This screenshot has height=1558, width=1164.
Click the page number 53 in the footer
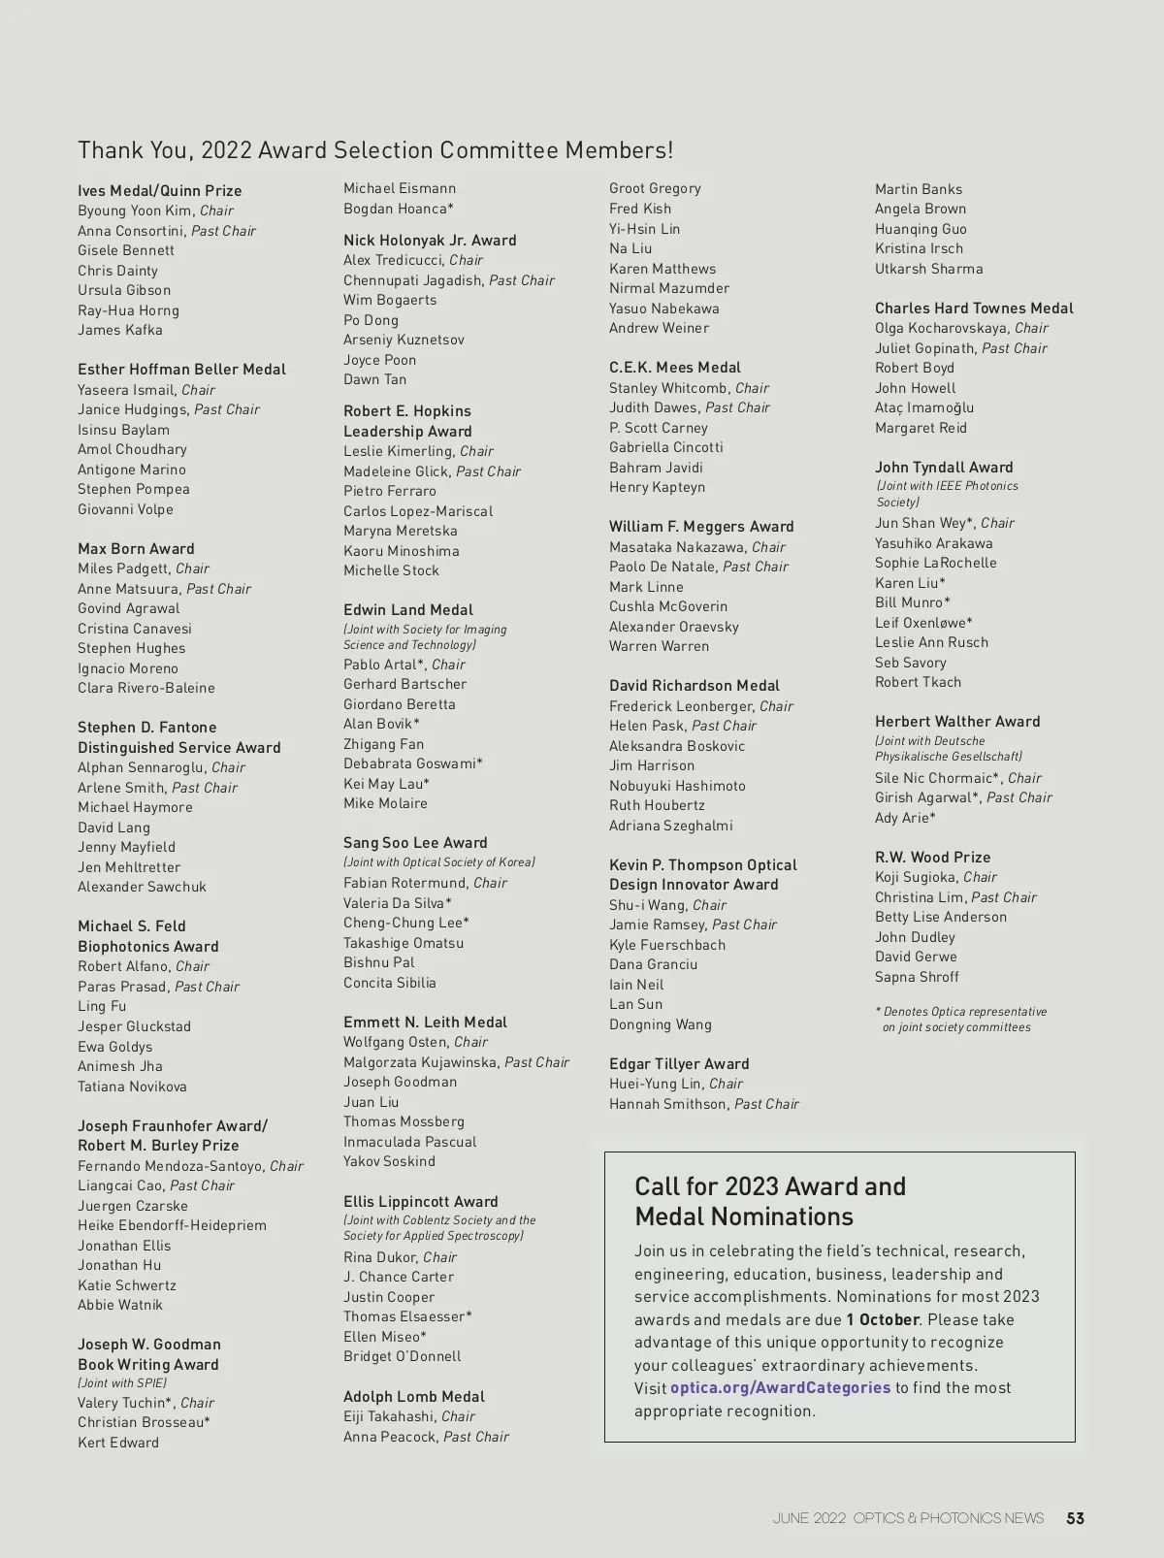pyautogui.click(x=1075, y=1518)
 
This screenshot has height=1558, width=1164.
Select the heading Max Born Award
pyautogui.click(x=136, y=549)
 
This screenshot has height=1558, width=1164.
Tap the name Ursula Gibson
pyautogui.click(x=124, y=290)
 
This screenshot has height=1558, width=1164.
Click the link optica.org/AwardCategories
pyautogui.click(x=780, y=1387)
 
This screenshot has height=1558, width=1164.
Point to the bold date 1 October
pyautogui.click(x=882, y=1319)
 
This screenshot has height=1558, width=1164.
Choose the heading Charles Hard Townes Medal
pyautogui.click(x=974, y=308)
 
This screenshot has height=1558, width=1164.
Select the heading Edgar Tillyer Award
pyautogui.click(x=679, y=1064)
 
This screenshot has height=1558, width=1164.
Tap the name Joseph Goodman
pyautogui.click(x=400, y=1082)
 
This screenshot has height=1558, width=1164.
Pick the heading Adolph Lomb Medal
pyautogui.click(x=414, y=1397)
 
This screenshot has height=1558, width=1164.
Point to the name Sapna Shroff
pyautogui.click(x=917, y=977)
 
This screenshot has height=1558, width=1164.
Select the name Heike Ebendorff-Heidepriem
pyautogui.click(x=172, y=1225)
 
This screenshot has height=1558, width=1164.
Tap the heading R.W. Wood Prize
pyautogui.click(x=932, y=858)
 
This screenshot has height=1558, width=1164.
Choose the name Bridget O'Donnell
pyautogui.click(x=402, y=1356)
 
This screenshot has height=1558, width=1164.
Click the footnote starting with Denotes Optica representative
pyautogui.click(x=961, y=1019)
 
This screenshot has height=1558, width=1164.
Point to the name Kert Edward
pyautogui.click(x=118, y=1443)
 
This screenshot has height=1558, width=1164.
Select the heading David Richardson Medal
pyautogui.click(x=694, y=686)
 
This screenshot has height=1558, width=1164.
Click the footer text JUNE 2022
pyautogui.click(x=809, y=1518)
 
